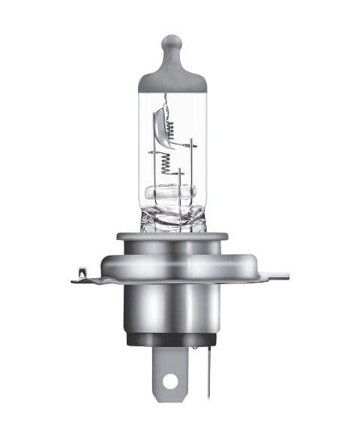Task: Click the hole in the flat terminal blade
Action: point(171,381)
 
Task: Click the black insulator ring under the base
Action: point(172,339)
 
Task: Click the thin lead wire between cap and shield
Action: point(166,101)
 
